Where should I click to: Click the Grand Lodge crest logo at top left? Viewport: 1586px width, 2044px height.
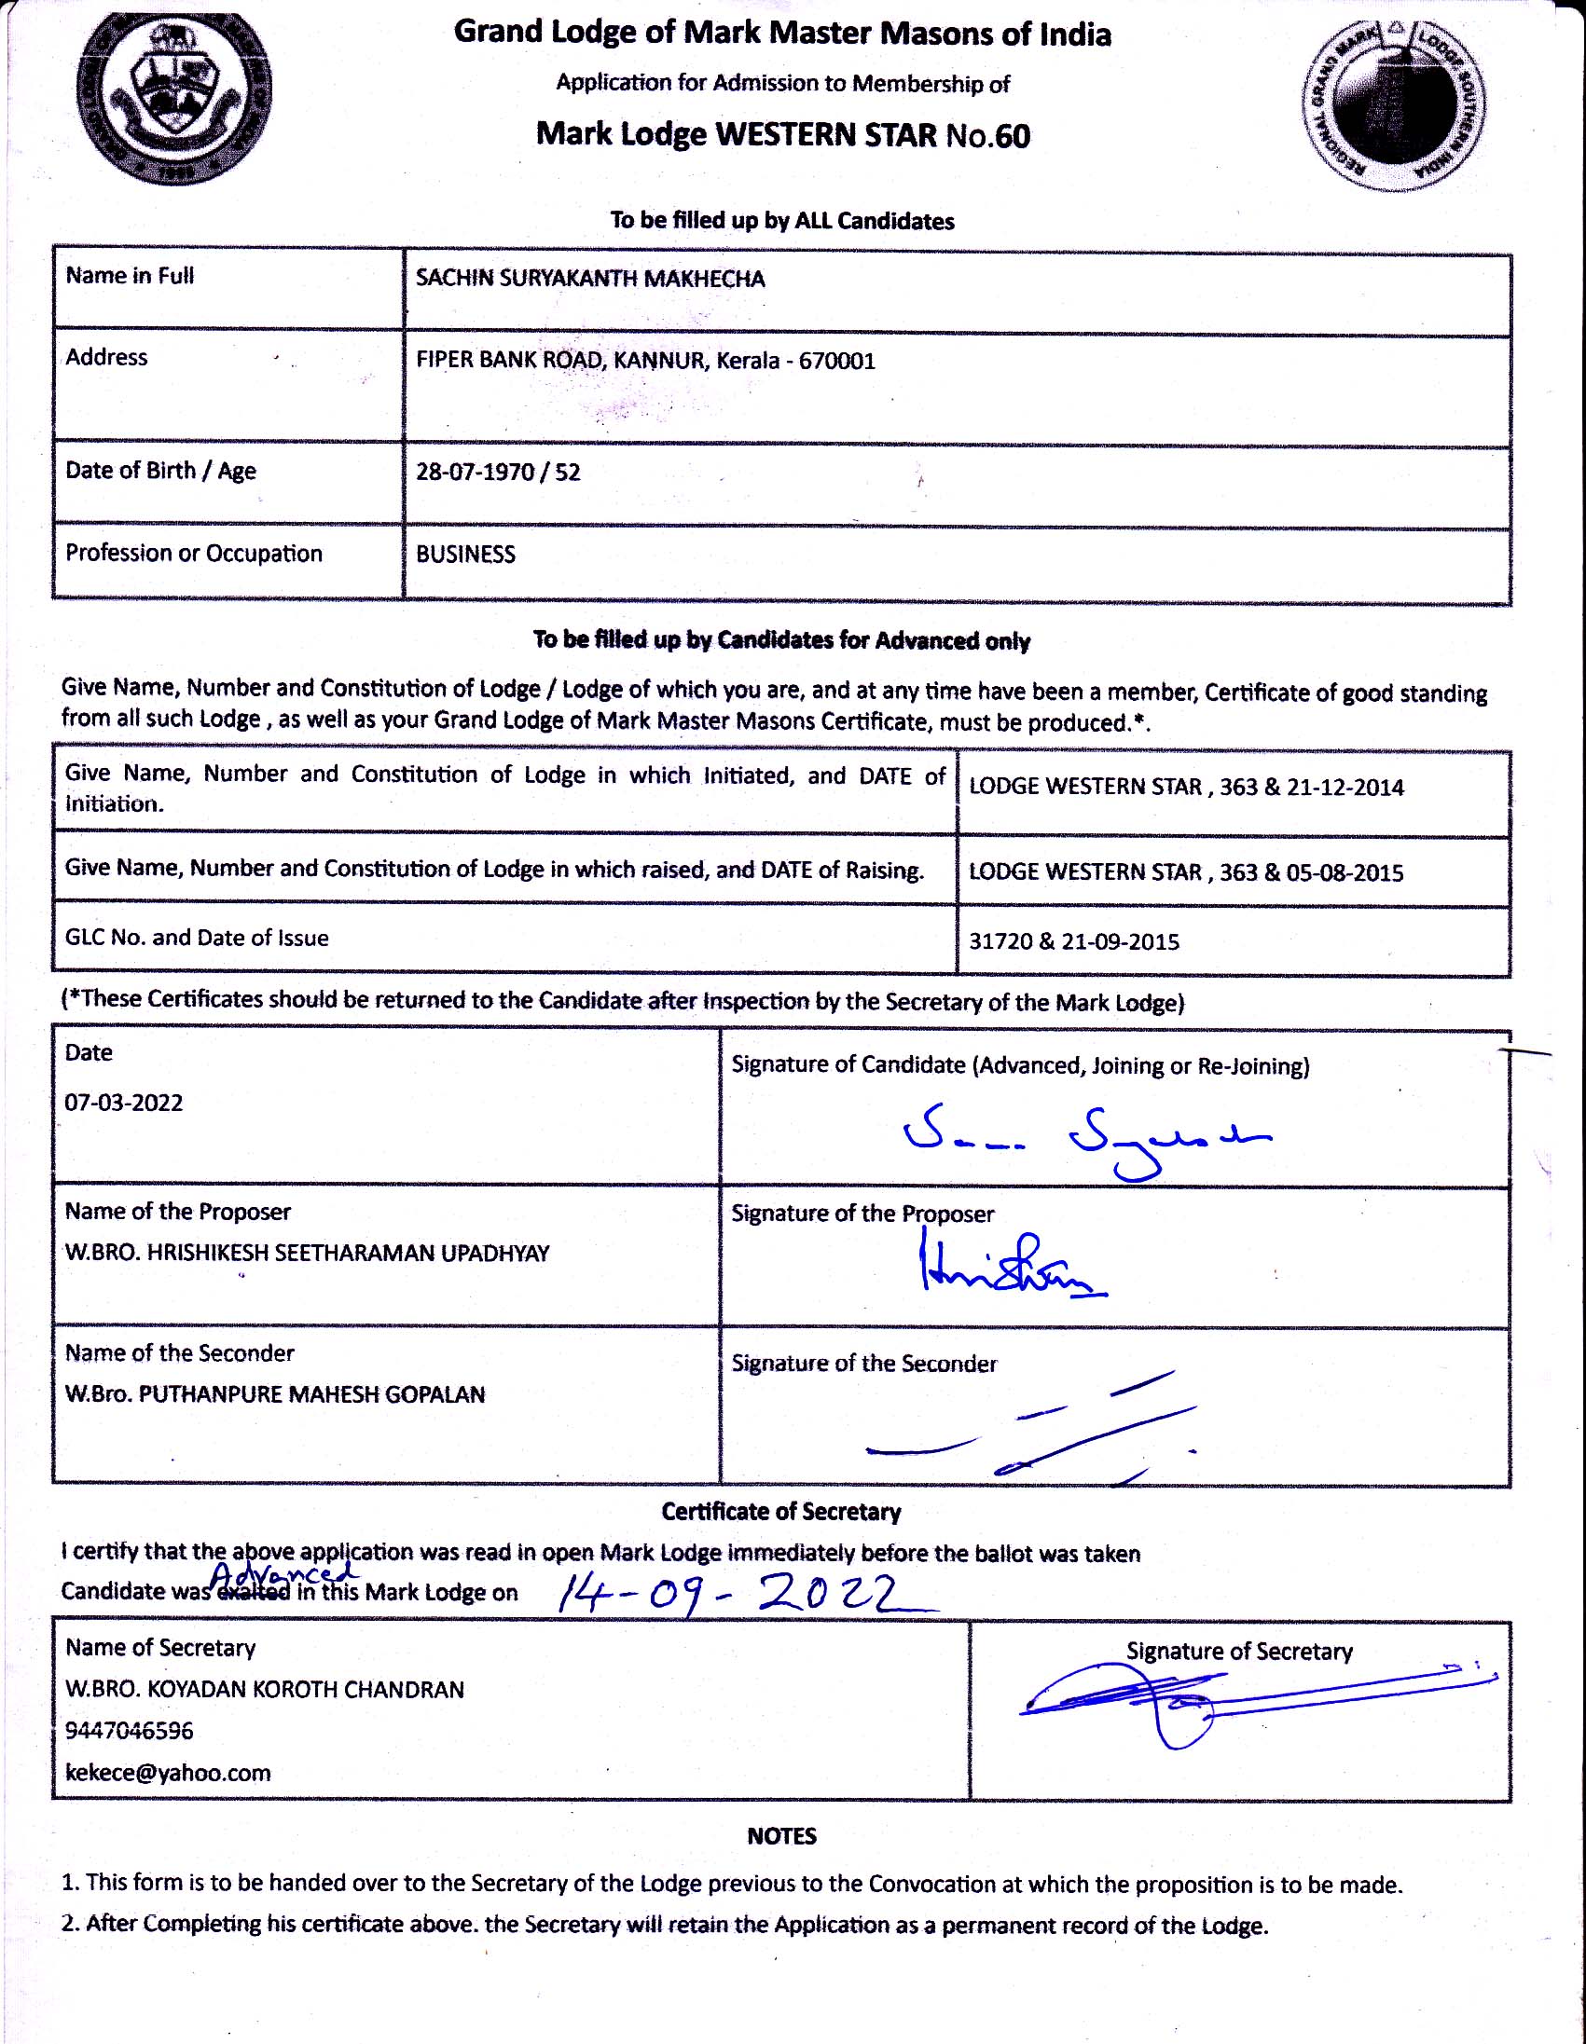click(x=175, y=98)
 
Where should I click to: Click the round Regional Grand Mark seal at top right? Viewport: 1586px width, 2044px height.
click(x=1392, y=104)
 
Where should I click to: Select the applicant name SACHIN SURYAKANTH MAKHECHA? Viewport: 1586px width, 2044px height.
click(x=590, y=279)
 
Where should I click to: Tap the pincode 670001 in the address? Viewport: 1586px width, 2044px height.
click(x=837, y=362)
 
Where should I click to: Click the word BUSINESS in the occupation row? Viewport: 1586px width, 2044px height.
click(x=465, y=555)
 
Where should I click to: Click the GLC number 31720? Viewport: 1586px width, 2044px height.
click(x=999, y=941)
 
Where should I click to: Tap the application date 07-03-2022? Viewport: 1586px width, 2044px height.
click(x=124, y=1103)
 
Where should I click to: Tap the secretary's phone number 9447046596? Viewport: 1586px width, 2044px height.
click(x=130, y=1732)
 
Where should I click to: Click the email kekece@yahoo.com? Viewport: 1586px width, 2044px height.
click(x=168, y=1773)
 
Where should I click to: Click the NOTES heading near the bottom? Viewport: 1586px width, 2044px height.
click(x=781, y=1836)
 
